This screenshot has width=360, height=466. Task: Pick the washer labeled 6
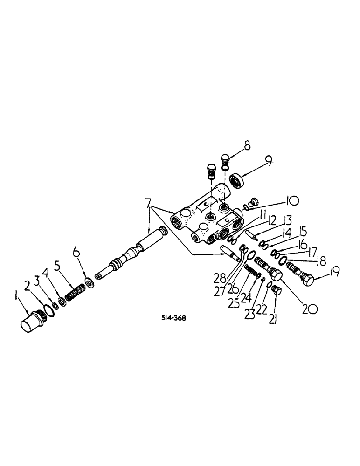89,282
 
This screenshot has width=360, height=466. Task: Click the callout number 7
148,204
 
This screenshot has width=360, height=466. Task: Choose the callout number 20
297,308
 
